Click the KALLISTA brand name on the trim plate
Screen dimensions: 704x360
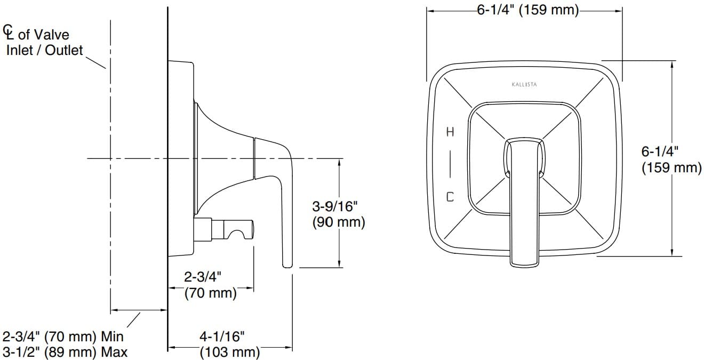[x=524, y=84]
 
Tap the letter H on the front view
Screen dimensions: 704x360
[x=450, y=132]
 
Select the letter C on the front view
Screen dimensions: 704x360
[x=450, y=197]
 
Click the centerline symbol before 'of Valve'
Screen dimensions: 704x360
[x=8, y=32]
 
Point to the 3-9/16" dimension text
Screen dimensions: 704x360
[x=335, y=206]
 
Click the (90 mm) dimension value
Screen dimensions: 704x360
[x=339, y=222]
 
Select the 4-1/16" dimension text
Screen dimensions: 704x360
[x=222, y=337]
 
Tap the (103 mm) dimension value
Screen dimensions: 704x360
[x=230, y=352]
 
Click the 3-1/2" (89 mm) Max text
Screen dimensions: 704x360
[x=65, y=352]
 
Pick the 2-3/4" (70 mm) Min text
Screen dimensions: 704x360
[x=63, y=337]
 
